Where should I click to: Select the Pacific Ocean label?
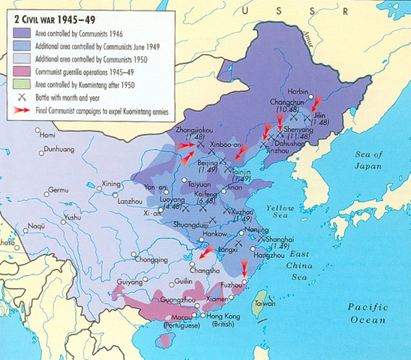tap(370, 312)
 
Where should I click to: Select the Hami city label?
tap(46, 135)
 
